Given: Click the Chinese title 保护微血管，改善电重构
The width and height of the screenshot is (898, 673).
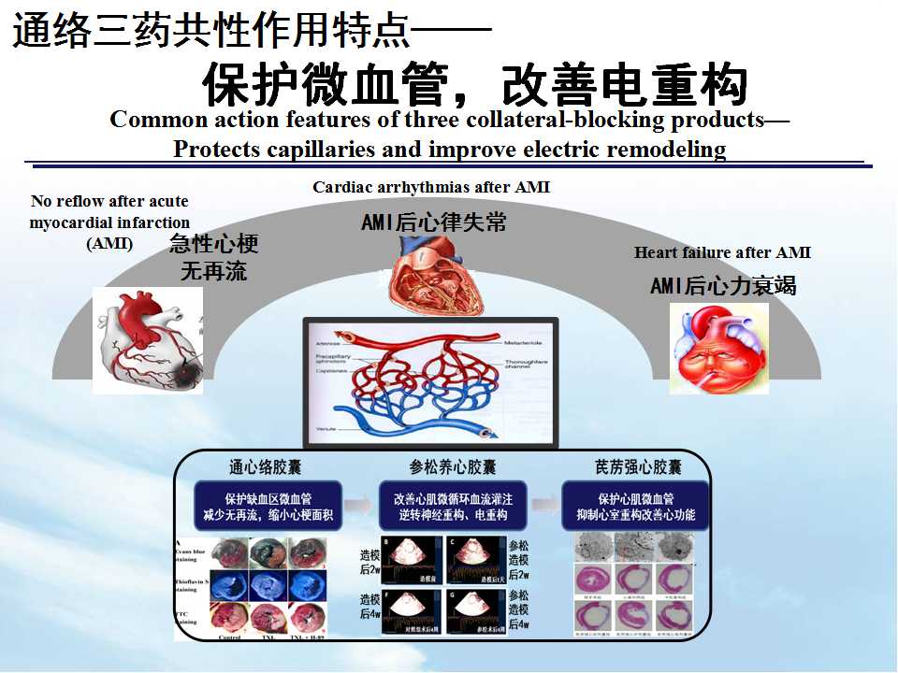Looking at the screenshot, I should point(475,86).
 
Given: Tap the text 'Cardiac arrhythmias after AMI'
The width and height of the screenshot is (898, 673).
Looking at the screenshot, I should point(431,187).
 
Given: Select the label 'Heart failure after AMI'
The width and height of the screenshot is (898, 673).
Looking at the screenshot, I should point(722,252).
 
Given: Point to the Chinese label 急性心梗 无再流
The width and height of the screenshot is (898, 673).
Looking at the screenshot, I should point(213,259).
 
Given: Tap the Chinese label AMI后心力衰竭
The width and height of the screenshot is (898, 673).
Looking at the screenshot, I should point(722,286).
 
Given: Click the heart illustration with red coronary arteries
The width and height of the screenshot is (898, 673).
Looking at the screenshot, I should point(148,339).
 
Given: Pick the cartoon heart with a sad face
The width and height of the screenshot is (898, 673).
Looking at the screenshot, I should point(718,348).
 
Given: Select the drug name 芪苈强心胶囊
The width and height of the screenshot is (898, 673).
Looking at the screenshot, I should point(638,465).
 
